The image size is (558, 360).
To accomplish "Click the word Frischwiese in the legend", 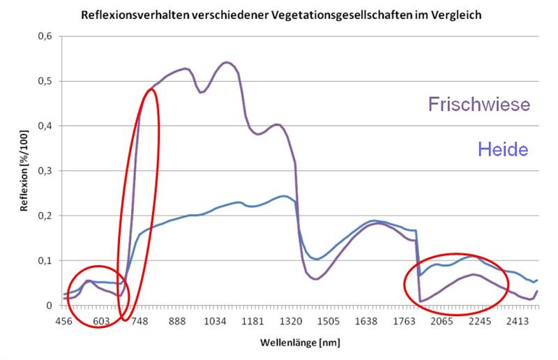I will click(x=479, y=105).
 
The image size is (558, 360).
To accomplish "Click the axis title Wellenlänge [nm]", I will click(x=300, y=343).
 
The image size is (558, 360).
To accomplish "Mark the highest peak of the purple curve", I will click(x=226, y=62).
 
